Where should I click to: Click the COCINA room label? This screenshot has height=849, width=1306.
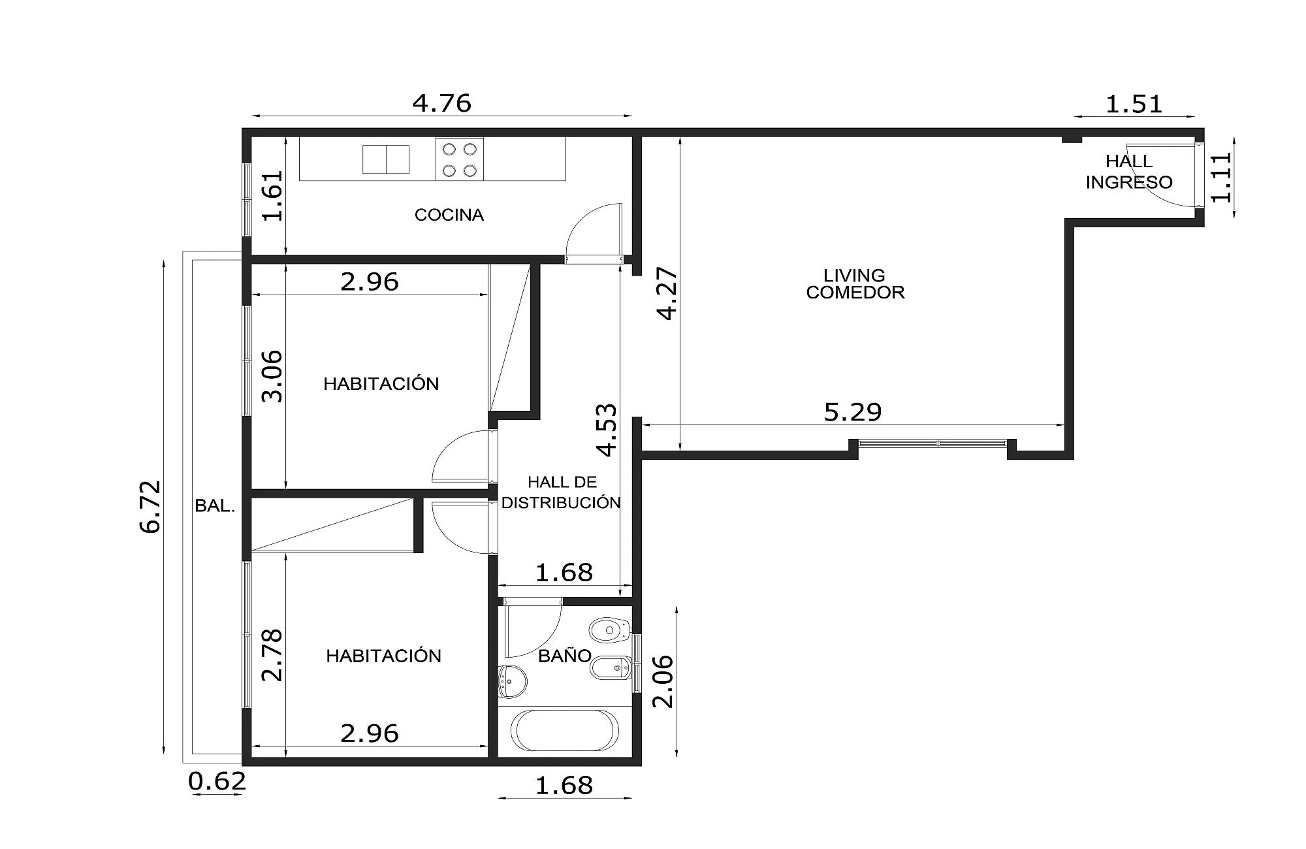click(449, 215)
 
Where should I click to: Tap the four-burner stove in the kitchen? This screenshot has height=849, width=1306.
click(460, 159)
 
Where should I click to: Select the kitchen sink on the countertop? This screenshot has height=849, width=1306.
click(386, 159)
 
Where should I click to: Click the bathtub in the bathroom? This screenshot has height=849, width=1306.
click(564, 730)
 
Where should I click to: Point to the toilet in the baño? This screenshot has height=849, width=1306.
click(609, 630)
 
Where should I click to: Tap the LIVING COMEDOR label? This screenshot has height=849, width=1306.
click(855, 284)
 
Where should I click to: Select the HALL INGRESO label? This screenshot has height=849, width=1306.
click(1129, 172)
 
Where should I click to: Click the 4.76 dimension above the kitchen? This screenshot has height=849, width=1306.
click(442, 103)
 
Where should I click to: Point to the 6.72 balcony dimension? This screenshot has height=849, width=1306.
click(151, 507)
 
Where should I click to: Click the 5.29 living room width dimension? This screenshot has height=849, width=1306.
click(853, 412)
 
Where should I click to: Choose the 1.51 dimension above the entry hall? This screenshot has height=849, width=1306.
click(1134, 104)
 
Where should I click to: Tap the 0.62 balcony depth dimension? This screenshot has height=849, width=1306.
click(217, 781)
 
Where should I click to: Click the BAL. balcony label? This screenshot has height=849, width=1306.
click(215, 505)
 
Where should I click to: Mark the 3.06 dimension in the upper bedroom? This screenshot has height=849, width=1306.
click(272, 376)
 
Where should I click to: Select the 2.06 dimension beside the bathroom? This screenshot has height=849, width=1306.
click(663, 681)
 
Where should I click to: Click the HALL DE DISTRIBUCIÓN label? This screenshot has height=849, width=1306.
click(562, 492)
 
